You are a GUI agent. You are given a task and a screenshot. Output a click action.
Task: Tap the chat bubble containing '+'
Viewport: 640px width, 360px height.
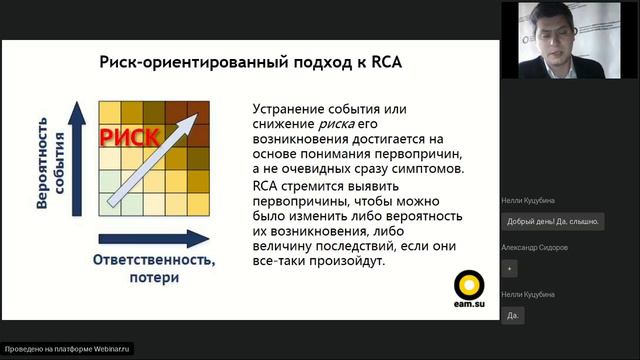(x=510, y=269)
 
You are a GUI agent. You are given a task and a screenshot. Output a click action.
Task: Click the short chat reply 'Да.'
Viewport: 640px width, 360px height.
(x=513, y=315)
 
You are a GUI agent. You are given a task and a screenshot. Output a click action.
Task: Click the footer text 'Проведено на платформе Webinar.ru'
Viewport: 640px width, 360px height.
(x=68, y=349)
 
